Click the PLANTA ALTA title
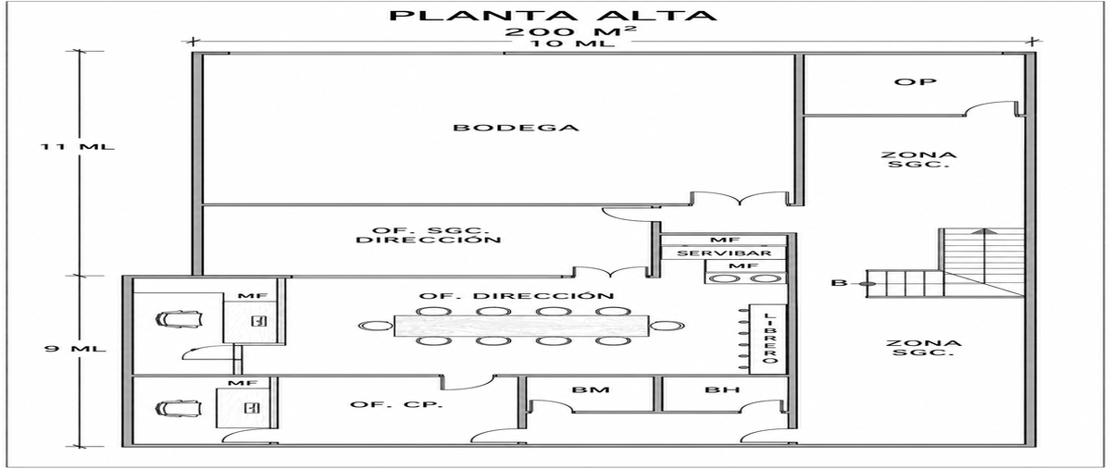(x=553, y=15)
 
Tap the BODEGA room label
(x=517, y=128)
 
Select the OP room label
(x=916, y=81)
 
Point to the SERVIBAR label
(x=724, y=253)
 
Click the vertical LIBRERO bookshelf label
(x=768, y=339)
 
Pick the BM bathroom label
(x=591, y=389)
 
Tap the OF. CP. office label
(x=396, y=404)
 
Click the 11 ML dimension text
(x=78, y=147)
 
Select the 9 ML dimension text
(x=75, y=349)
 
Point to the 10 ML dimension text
(x=571, y=43)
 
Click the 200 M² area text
(x=570, y=31)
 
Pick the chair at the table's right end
(x=668, y=326)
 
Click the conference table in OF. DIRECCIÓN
(x=521, y=326)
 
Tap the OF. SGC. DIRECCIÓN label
(x=429, y=236)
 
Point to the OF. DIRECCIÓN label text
(x=517, y=296)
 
